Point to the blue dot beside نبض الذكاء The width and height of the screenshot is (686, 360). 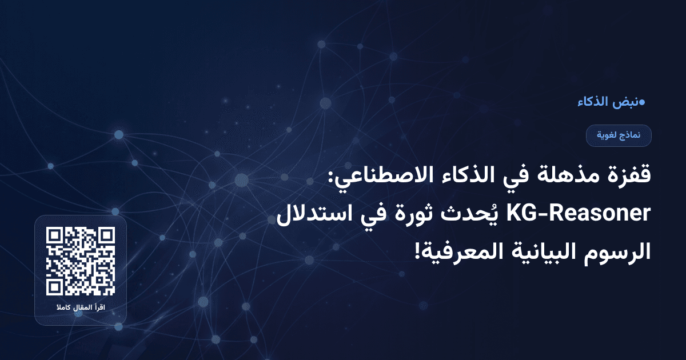(641, 103)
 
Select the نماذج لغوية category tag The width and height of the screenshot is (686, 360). (619, 135)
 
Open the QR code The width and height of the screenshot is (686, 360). (81, 261)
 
